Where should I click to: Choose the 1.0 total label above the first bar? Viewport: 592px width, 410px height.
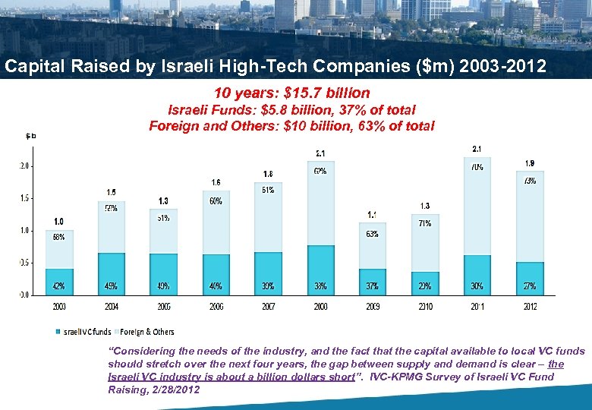[58, 222]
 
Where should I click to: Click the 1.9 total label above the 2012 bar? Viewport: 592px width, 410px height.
[530, 163]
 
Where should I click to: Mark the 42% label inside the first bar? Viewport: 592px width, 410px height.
[58, 286]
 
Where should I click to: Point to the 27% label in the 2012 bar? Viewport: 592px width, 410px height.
[530, 286]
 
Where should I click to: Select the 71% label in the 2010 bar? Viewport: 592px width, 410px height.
[425, 223]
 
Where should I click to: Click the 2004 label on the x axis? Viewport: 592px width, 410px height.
[112, 307]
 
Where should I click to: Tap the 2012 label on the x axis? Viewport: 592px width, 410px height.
[530, 307]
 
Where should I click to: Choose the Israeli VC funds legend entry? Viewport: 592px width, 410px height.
[87, 332]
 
